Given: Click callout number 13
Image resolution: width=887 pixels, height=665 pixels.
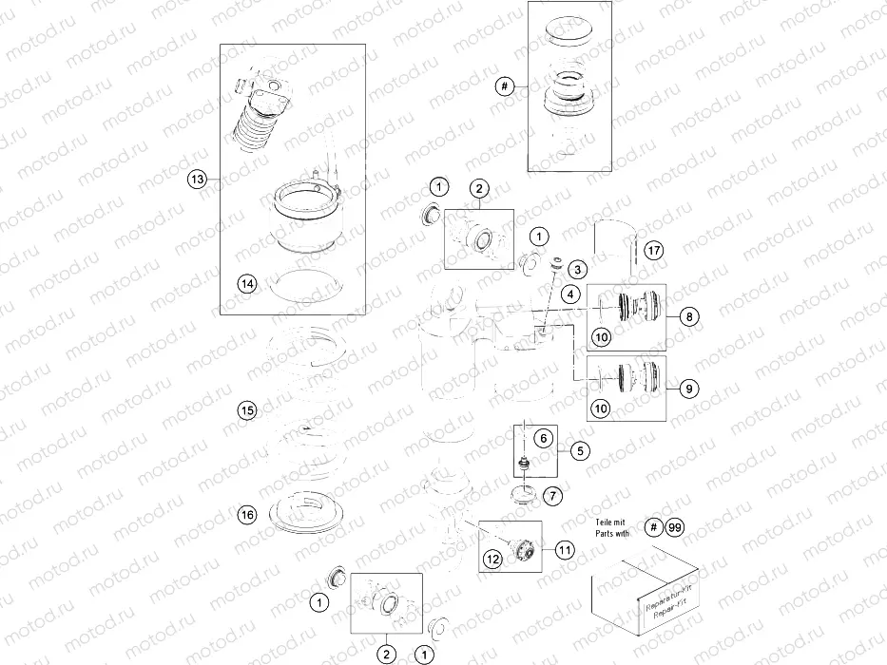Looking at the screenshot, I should [197, 179].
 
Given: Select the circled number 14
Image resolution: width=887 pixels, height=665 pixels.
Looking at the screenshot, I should [247, 282].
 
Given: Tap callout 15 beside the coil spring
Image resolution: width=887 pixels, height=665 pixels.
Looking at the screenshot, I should [247, 410].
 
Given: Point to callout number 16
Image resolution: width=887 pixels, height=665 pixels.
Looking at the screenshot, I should [247, 515].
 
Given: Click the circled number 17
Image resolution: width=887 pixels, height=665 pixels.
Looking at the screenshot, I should [651, 251].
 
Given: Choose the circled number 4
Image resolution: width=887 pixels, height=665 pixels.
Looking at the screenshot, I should [569, 294].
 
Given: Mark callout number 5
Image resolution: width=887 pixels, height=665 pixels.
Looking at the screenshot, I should [579, 450].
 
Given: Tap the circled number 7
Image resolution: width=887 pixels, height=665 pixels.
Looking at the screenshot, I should [553, 495].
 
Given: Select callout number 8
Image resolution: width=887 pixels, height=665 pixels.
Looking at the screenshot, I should [688, 316].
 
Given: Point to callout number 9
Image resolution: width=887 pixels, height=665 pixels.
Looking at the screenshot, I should [688, 387].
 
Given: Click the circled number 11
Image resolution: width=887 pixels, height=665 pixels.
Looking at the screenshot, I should [566, 548].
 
